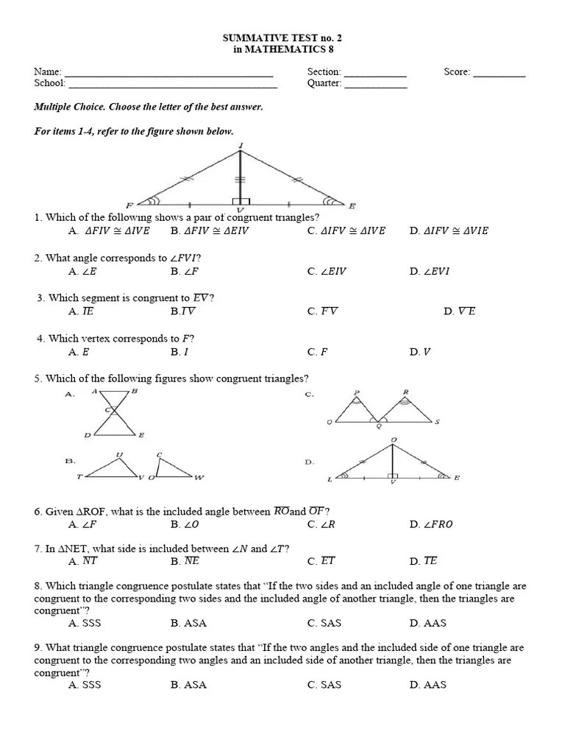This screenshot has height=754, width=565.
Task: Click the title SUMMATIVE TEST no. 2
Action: (282, 38)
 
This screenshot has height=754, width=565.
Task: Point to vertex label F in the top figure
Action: (129, 205)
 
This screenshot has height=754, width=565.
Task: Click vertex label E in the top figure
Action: (352, 205)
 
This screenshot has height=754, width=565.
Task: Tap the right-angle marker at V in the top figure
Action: (241, 201)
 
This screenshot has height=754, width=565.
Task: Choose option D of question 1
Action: (449, 230)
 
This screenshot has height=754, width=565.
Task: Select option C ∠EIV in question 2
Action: (327, 271)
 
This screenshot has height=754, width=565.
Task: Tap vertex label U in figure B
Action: (119, 454)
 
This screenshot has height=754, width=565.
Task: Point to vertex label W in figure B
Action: (199, 478)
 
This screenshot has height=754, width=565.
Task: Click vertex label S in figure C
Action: (437, 422)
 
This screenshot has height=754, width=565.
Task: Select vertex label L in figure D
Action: (330, 479)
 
